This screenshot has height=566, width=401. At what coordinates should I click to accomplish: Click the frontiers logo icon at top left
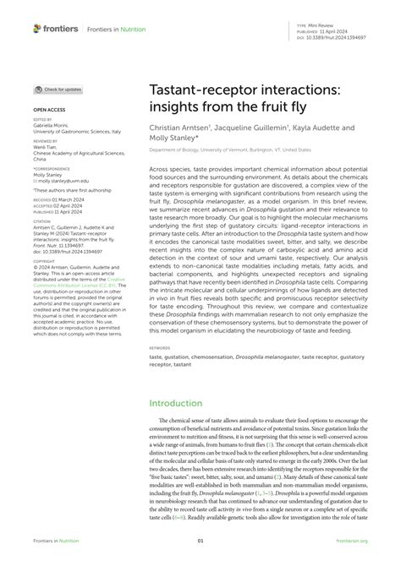(x=37, y=28)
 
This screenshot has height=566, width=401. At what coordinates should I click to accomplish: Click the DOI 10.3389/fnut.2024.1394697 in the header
(x=336, y=38)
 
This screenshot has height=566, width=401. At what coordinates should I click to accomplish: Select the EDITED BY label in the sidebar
(x=42, y=120)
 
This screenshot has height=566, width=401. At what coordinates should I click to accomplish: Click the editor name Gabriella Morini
(x=55, y=126)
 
